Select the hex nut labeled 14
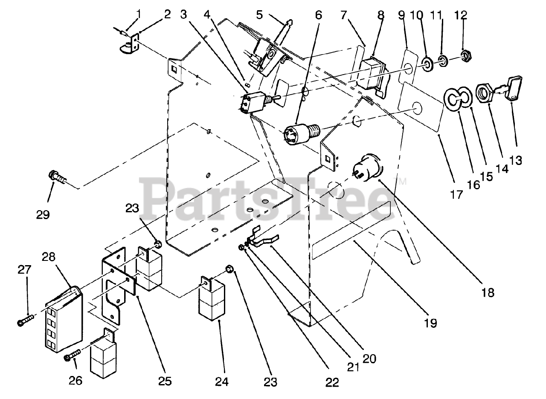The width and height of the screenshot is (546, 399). [485, 90]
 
